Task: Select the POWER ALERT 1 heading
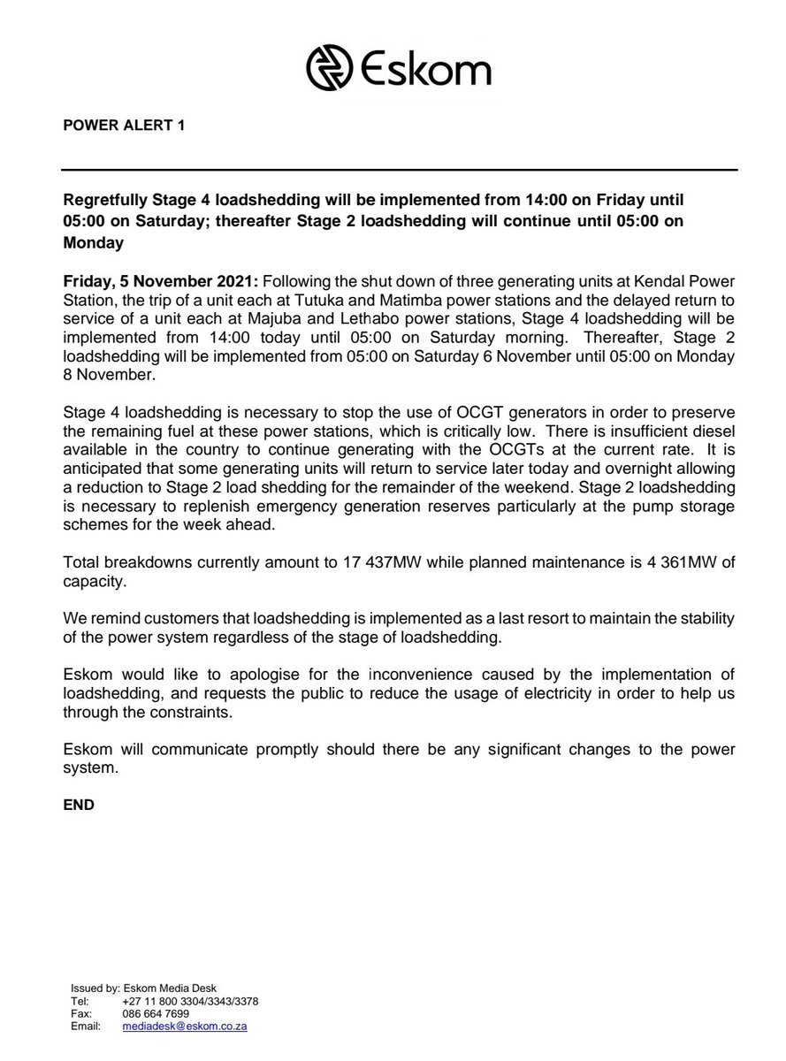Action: point(125,126)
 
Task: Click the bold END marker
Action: point(79,805)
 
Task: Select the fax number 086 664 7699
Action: point(156,1013)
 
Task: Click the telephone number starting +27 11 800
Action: point(190,1001)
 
